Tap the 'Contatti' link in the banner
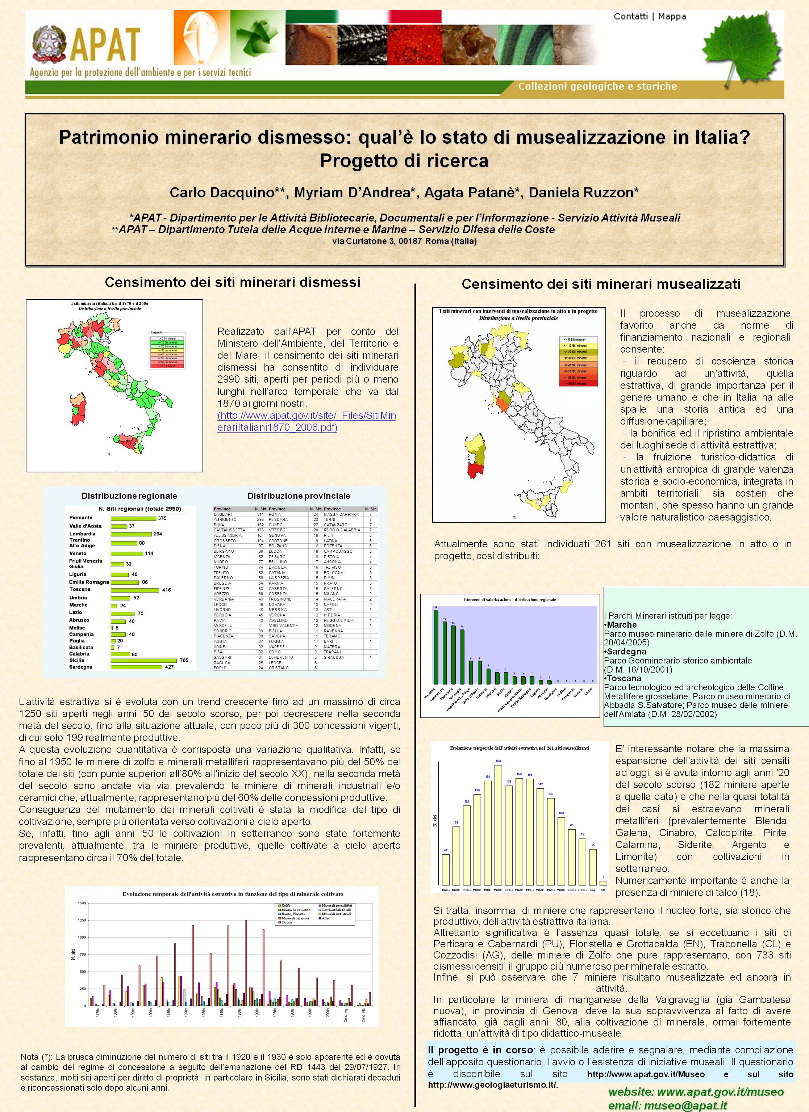tap(630, 17)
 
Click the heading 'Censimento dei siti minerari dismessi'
tap(233, 282)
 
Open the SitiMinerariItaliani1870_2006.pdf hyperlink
tap(306, 422)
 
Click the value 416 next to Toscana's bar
tap(166, 590)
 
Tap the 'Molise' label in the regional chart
tap(77, 628)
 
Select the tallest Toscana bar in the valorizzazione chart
tap(435, 647)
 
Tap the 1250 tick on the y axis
tap(82, 920)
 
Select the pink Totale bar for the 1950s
tap(245, 962)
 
